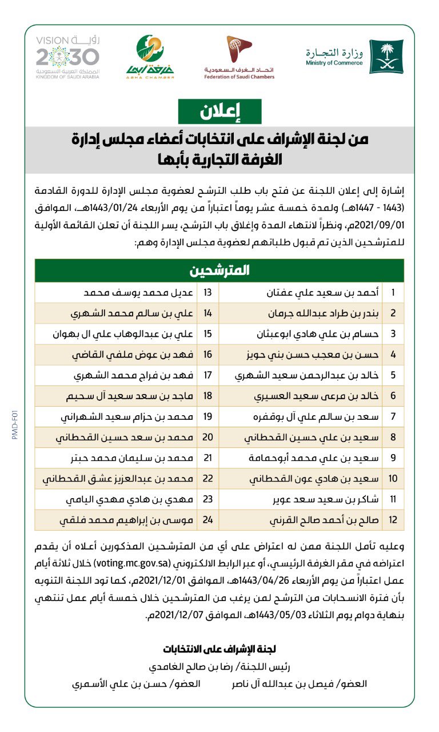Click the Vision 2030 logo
click(x=67, y=57)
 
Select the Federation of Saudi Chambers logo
click(x=240, y=57)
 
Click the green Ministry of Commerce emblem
click(x=386, y=56)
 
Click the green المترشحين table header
click(x=219, y=270)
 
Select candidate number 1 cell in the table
click(x=393, y=293)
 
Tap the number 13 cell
click(x=208, y=293)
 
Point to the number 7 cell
click(x=393, y=417)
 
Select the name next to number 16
click(x=129, y=355)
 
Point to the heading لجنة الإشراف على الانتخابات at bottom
click(x=219, y=649)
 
